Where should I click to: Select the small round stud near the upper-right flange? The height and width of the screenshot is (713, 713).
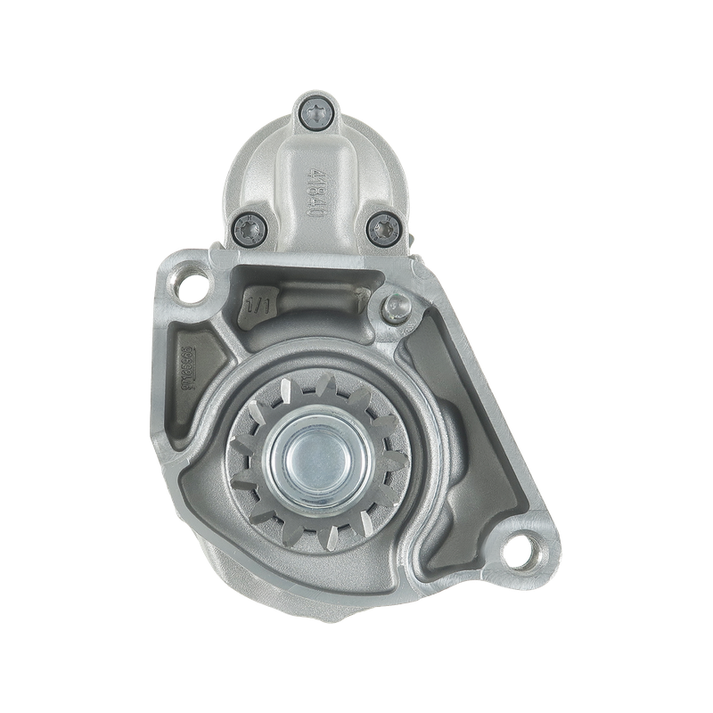click(x=396, y=307)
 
